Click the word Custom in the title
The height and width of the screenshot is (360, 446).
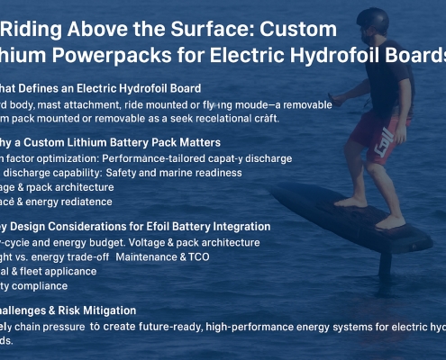[x=296, y=29]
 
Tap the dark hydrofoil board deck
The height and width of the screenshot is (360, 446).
[x=360, y=225]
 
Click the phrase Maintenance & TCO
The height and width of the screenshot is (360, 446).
[x=220, y=256]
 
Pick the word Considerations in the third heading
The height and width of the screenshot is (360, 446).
[x=96, y=226]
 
